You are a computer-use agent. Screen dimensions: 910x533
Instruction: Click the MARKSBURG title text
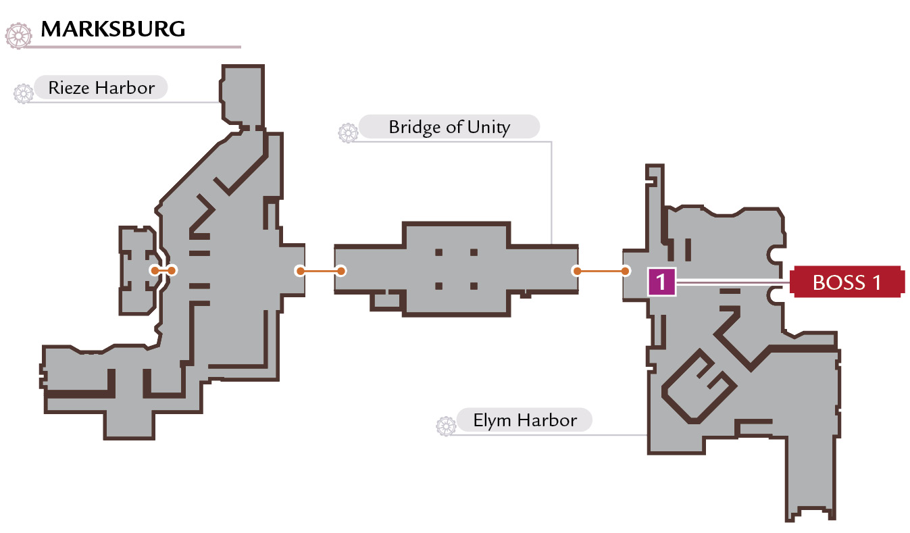(113, 29)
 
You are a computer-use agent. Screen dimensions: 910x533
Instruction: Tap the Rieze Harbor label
(101, 87)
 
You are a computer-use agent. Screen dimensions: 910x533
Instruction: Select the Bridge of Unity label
(449, 127)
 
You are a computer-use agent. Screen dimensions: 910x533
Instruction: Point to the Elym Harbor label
(525, 420)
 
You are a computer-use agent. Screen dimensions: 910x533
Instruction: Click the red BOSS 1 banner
(847, 282)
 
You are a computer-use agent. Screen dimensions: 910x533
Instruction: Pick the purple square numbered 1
(662, 281)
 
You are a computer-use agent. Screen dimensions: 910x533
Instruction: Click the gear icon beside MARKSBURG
(19, 36)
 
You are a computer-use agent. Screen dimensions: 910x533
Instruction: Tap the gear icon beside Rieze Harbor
(24, 93)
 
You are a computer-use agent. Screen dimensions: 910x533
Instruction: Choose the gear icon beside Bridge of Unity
(348, 133)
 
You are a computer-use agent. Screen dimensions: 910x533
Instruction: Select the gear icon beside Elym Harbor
(446, 426)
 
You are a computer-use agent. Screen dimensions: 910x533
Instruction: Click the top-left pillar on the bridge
(438, 253)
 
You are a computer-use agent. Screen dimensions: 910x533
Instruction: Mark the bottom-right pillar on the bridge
(474, 286)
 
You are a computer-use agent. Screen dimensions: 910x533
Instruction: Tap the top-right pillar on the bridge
(474, 253)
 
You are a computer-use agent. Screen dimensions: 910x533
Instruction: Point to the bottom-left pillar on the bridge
(438, 286)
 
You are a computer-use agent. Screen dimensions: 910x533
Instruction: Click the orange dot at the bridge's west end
(341, 271)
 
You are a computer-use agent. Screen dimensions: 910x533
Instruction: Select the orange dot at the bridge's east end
(577, 271)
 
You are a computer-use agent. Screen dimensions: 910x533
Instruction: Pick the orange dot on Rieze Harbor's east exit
(300, 271)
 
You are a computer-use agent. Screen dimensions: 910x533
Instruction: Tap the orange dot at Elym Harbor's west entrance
(626, 271)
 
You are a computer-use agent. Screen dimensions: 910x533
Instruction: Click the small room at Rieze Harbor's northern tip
(243, 95)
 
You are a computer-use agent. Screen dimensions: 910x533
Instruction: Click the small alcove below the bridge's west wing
(386, 300)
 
